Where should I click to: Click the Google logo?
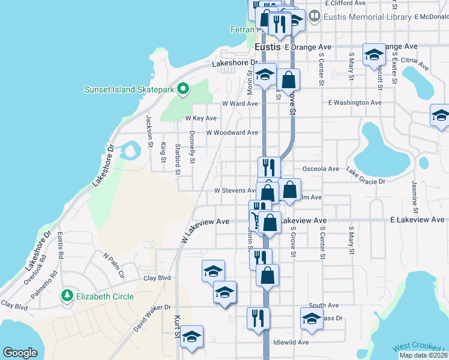[x=20, y=352]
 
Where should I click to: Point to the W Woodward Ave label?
[x=232, y=133]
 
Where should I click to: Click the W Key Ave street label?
[x=201, y=118]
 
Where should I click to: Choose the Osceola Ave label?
[x=321, y=169]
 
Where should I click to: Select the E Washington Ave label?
[x=355, y=103]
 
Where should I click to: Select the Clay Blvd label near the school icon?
[x=157, y=278]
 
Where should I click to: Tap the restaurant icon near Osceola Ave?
[x=269, y=166]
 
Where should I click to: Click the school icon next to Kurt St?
[x=192, y=336]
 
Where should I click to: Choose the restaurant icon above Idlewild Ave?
[x=258, y=317]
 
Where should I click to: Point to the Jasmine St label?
[x=414, y=197]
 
